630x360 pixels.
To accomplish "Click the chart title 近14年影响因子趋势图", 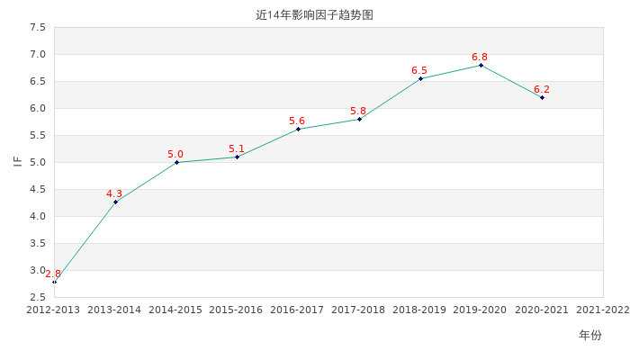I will [x=314, y=15].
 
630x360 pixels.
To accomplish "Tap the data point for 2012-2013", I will [x=54, y=282].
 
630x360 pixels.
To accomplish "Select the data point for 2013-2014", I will [x=115, y=202].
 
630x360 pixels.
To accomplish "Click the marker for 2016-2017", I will [x=298, y=129].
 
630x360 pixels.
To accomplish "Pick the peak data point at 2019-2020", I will [x=481, y=65].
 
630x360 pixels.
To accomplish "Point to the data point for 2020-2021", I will [x=542, y=97].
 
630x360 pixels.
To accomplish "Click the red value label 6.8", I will [x=480, y=58].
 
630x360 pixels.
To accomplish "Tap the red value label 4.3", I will [x=114, y=193].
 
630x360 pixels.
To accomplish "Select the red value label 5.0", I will [x=175, y=155].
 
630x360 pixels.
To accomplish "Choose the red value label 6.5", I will [x=419, y=70].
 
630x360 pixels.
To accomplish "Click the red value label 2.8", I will [x=53, y=274].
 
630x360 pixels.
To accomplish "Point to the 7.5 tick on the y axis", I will [x=37, y=28].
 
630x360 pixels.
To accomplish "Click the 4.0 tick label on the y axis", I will [x=37, y=216].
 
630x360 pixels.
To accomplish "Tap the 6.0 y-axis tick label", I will [x=37, y=108].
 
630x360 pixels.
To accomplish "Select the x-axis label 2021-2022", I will [x=602, y=310].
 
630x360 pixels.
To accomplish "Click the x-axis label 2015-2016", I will [x=236, y=310].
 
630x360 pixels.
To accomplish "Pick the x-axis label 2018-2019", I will [x=419, y=310].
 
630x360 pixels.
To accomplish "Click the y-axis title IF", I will [x=17, y=162].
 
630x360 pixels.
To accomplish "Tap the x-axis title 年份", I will [x=590, y=335].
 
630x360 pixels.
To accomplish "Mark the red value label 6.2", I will [x=542, y=89].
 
